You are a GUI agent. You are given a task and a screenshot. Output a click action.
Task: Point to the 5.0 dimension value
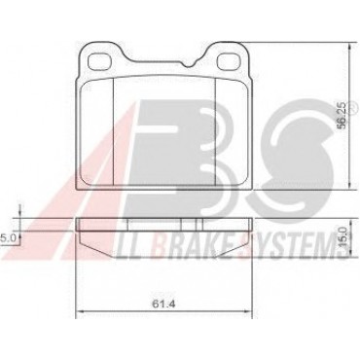[x=8, y=237]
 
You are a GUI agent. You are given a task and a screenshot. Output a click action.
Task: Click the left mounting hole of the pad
[x=100, y=61]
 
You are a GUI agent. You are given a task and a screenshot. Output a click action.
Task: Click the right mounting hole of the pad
[x=229, y=61]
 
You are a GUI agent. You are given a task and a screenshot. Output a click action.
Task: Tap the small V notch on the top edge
[x=189, y=64]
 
